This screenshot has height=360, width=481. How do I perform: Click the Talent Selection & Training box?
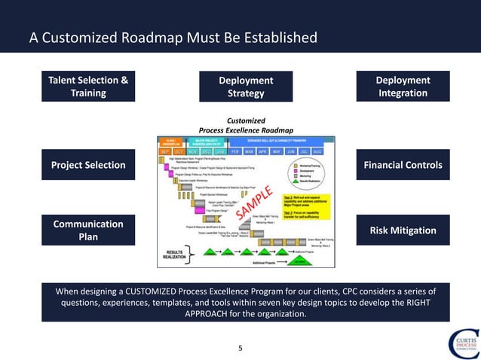[x=88, y=87]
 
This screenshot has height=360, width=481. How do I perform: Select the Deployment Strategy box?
[x=246, y=87]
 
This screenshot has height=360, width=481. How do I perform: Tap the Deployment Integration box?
[x=403, y=87]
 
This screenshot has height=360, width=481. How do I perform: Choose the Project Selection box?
[x=88, y=165]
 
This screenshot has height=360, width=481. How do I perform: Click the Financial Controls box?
[x=403, y=165]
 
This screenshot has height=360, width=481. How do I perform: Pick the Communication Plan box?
[x=88, y=230]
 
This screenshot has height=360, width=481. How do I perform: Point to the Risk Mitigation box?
[x=403, y=230]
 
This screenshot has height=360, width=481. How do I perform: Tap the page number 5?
[x=240, y=348]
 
